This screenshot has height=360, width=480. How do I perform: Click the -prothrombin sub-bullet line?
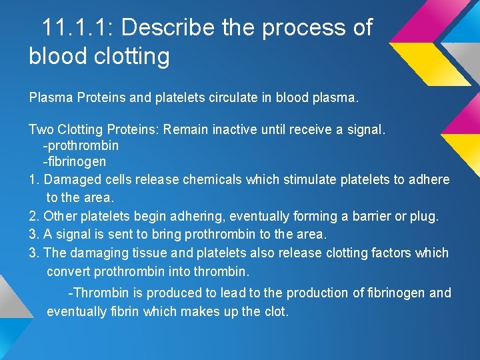81,145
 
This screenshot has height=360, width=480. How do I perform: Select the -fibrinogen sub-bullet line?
74,161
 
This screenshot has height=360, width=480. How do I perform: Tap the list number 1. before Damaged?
34,179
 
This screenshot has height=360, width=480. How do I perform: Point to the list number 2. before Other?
34,216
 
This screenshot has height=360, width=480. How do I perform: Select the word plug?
427,217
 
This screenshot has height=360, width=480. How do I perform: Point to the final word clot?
277,311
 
